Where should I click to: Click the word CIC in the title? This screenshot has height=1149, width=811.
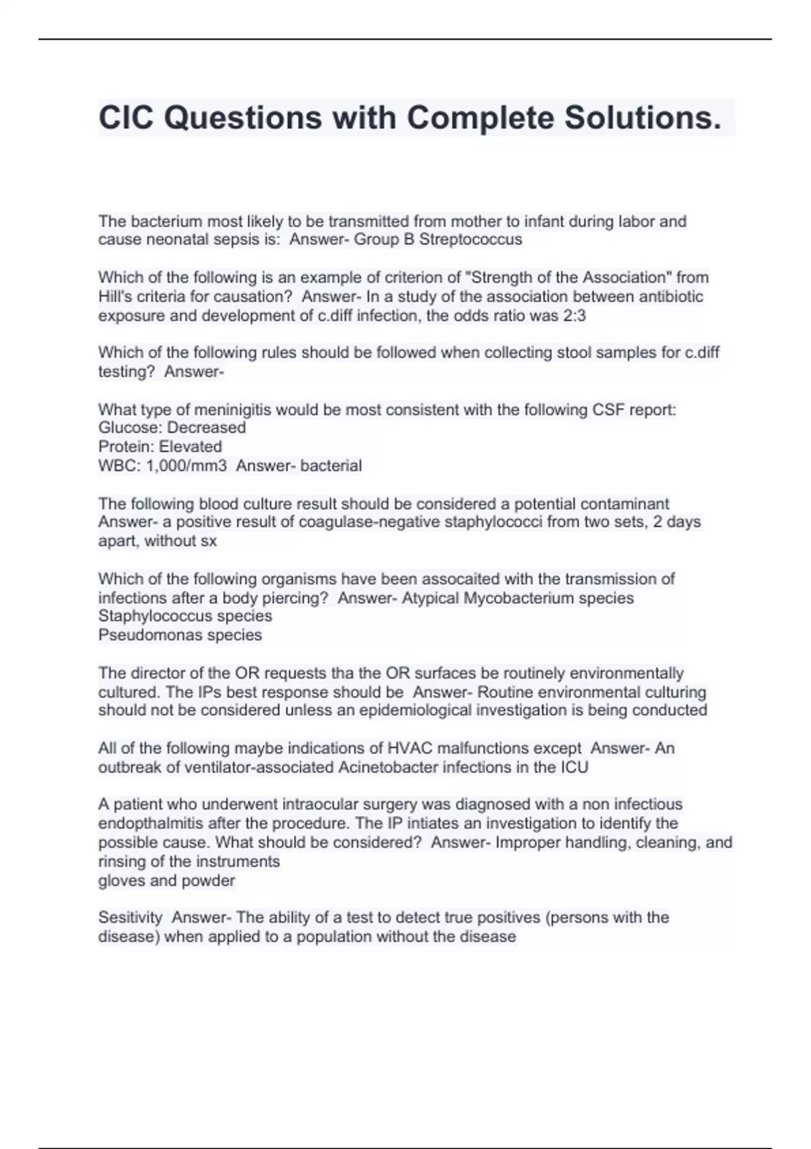pos(126,118)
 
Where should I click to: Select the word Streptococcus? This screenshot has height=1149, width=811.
pos(470,239)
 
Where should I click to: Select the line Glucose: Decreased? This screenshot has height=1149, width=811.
pos(172,428)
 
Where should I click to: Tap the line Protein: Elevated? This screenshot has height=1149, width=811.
pos(160,447)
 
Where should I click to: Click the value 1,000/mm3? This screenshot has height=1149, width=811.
pos(187,466)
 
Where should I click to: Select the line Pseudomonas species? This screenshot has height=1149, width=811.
pos(180,635)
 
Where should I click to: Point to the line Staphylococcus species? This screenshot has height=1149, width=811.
pos(185,616)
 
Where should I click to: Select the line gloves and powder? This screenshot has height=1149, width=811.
pos(166,881)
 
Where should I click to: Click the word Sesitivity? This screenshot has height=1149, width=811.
pos(130,917)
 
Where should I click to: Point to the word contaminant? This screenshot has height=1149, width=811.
pos(624,504)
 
